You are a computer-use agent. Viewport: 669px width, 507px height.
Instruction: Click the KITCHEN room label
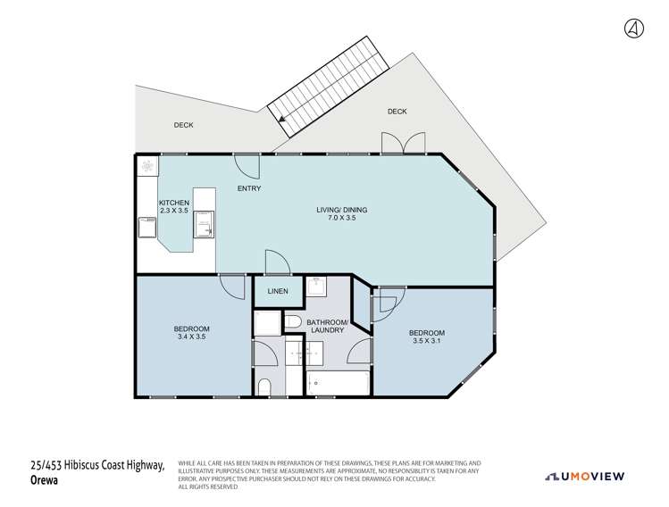[173, 203]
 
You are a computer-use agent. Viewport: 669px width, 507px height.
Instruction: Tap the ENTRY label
[249, 189]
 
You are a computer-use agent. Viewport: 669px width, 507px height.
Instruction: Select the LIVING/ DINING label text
[341, 210]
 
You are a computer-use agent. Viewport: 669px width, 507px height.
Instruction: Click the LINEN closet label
[277, 291]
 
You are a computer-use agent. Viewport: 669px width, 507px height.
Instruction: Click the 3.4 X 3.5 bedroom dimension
[191, 337]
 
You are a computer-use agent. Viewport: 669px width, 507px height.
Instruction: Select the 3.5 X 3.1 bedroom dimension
[427, 341]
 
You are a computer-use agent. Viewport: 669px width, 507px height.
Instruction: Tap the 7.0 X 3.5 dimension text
[341, 219]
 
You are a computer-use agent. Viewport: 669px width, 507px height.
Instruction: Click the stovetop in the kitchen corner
[146, 166]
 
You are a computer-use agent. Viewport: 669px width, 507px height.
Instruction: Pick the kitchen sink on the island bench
[205, 225]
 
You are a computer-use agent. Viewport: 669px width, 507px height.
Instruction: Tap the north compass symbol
[632, 28]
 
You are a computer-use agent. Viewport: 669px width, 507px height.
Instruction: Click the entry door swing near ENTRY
[247, 164]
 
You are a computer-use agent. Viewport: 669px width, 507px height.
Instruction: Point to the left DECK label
[183, 125]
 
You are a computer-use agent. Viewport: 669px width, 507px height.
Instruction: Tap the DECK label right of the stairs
[397, 112]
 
